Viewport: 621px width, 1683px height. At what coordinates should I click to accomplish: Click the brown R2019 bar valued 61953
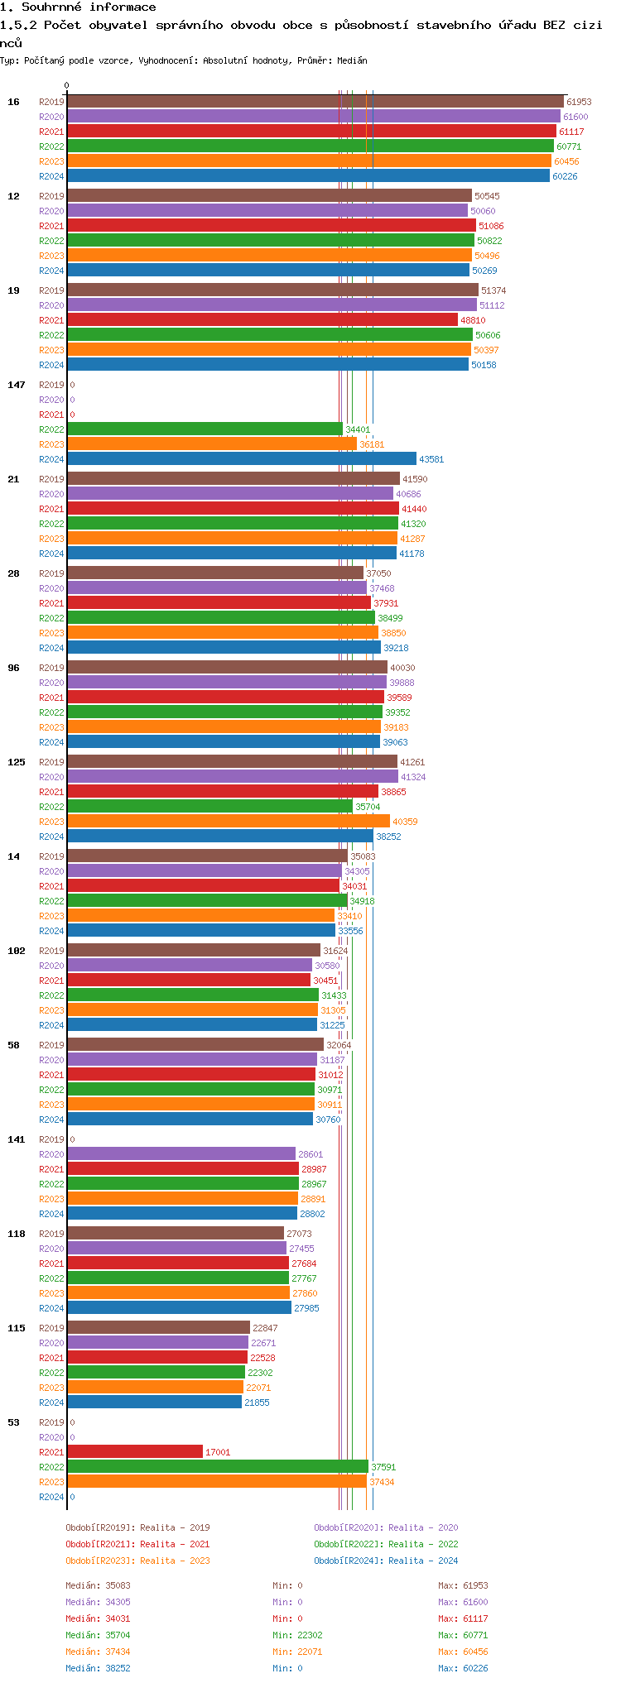point(315,102)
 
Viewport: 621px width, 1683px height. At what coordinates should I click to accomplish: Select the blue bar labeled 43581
point(241,459)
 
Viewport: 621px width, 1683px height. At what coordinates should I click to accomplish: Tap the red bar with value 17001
point(135,1452)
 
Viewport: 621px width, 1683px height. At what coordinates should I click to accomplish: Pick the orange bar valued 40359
point(228,822)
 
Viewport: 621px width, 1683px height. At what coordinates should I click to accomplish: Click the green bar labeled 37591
point(218,1467)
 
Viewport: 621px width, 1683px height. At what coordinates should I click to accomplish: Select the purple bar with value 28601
point(181,1154)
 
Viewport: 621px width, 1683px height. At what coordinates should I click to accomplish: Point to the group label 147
point(17,385)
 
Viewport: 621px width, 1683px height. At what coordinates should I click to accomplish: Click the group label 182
point(17,951)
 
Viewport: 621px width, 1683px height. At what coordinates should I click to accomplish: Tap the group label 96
point(13,668)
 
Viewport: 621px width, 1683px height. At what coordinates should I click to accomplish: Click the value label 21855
point(257,1402)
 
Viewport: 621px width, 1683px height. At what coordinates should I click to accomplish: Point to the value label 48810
point(473,320)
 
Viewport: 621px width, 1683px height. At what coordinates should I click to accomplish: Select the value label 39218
point(396,648)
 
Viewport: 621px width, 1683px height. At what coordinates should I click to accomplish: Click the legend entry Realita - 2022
point(386,1544)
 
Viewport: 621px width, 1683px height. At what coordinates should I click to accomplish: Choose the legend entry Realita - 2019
point(137,1527)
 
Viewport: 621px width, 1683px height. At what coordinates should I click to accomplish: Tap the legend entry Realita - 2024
point(386,1561)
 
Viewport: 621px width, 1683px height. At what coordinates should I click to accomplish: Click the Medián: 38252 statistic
point(98,1668)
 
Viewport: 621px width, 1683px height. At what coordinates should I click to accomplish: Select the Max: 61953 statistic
point(463,1585)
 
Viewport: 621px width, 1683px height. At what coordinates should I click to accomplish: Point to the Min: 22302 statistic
point(297,1635)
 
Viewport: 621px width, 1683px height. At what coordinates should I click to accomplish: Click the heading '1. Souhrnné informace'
point(78,7)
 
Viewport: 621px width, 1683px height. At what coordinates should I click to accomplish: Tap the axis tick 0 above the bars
point(67,85)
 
